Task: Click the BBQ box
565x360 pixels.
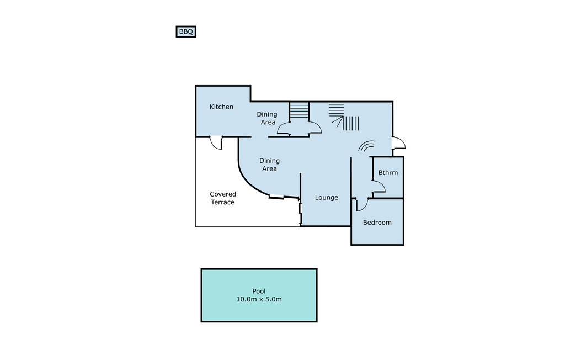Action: pyautogui.click(x=186, y=31)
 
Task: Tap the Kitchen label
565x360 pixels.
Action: pyautogui.click(x=221, y=107)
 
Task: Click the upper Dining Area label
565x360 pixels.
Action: pyautogui.click(x=267, y=118)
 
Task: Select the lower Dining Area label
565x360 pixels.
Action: pyautogui.click(x=269, y=165)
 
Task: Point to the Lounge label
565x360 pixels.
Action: pyautogui.click(x=327, y=198)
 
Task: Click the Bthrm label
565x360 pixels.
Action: pyautogui.click(x=388, y=173)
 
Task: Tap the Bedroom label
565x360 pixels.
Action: pyautogui.click(x=377, y=223)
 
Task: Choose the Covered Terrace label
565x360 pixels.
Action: pyautogui.click(x=223, y=198)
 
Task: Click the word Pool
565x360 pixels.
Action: pyautogui.click(x=259, y=291)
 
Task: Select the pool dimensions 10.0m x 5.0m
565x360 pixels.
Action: pyautogui.click(x=259, y=299)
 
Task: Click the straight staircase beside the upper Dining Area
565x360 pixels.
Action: pyautogui.click(x=300, y=112)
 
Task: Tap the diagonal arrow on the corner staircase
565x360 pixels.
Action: pyautogui.click(x=338, y=121)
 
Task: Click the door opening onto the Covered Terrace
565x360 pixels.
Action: pyautogui.click(x=216, y=143)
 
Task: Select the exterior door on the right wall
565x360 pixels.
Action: pyautogui.click(x=399, y=143)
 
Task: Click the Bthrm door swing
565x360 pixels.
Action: pyautogui.click(x=379, y=187)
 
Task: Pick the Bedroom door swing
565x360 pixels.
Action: pyautogui.click(x=362, y=204)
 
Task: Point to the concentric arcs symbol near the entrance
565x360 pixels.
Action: pyautogui.click(x=367, y=146)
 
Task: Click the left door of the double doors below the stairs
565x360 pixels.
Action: pyautogui.click(x=284, y=129)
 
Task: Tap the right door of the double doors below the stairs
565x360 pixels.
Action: pyautogui.click(x=315, y=128)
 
